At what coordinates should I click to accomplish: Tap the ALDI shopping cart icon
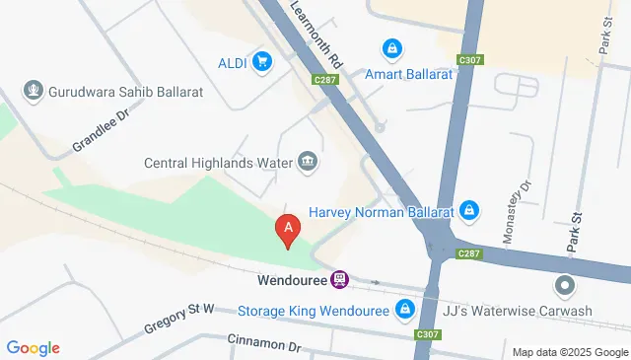click(x=261, y=62)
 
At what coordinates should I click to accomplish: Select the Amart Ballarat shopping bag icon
click(x=392, y=47)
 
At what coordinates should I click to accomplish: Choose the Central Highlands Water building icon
click(x=308, y=162)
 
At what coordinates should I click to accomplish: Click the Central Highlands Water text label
click(x=218, y=163)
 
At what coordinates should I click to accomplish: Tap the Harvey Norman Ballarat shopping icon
click(x=469, y=211)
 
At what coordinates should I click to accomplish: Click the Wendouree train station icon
click(x=339, y=280)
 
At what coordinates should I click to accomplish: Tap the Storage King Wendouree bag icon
click(x=404, y=311)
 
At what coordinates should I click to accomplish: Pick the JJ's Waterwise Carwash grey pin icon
click(x=565, y=286)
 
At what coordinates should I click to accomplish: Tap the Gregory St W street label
click(x=180, y=315)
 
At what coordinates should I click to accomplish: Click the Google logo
click(x=34, y=348)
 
